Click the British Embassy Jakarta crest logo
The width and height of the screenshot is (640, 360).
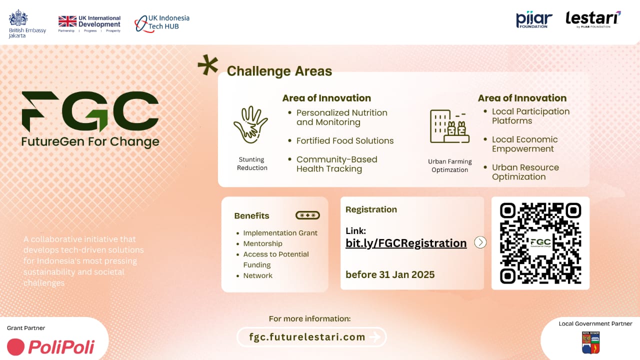[18, 18]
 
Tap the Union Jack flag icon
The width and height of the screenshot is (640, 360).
[67, 21]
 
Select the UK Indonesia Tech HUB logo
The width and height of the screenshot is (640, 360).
[162, 22]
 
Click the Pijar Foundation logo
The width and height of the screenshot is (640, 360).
[534, 19]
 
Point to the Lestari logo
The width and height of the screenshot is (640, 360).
[593, 18]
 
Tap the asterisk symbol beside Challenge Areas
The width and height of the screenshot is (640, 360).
[208, 65]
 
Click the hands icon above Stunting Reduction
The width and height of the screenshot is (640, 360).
[251, 124]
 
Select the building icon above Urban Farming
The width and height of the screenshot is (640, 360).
[449, 127]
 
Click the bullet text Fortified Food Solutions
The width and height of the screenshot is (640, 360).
[345, 141]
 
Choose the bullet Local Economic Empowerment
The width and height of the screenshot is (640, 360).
[524, 144]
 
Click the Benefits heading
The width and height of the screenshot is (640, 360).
[251, 216]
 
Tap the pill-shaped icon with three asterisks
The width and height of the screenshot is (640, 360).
[307, 215]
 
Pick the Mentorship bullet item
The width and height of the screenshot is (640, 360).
[262, 243]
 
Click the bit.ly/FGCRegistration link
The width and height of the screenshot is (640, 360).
[406, 243]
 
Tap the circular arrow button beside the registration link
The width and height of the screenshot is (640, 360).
[480, 242]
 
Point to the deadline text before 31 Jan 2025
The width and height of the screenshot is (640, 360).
[390, 274]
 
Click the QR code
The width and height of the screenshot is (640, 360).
[540, 243]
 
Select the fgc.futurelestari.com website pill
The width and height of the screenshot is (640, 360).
[312, 337]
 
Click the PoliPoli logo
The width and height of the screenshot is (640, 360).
[51, 346]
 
